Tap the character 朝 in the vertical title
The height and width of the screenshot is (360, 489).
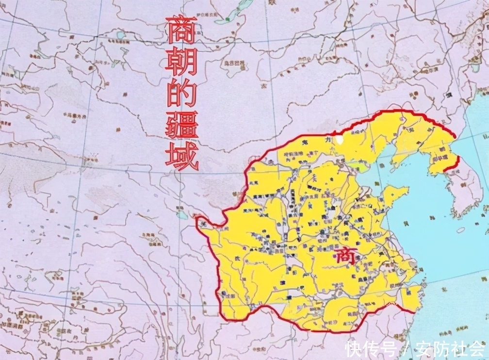[x=181, y=63]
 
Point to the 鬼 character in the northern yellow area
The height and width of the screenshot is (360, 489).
[x=303, y=142]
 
